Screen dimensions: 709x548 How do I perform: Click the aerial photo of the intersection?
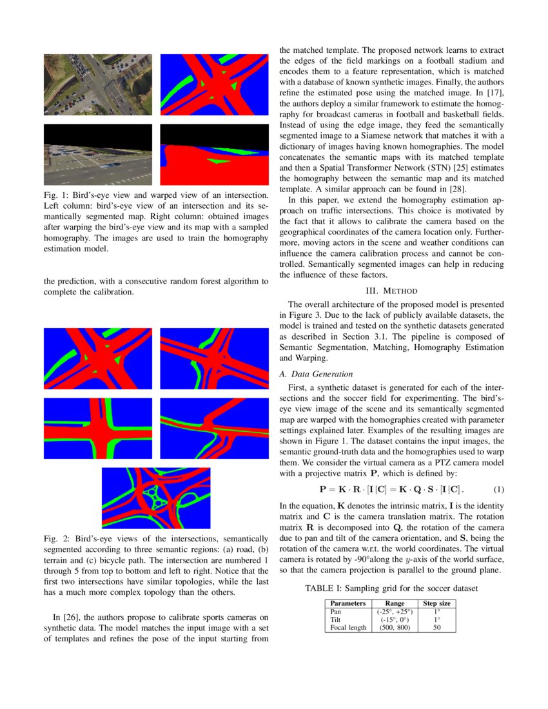click(98, 84)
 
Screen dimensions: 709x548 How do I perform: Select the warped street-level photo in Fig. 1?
click(98, 155)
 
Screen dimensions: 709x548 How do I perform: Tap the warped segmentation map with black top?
click(214, 155)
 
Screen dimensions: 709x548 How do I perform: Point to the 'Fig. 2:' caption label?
click(56, 538)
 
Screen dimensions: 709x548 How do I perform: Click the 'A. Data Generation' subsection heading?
click(315, 374)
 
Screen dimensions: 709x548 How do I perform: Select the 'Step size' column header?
click(436, 603)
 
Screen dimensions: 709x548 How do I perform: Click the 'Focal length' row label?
click(348, 627)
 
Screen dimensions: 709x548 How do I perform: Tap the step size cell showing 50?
click(436, 627)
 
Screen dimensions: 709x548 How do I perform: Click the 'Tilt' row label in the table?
click(335, 619)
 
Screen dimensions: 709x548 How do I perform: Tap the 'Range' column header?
click(395, 603)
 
